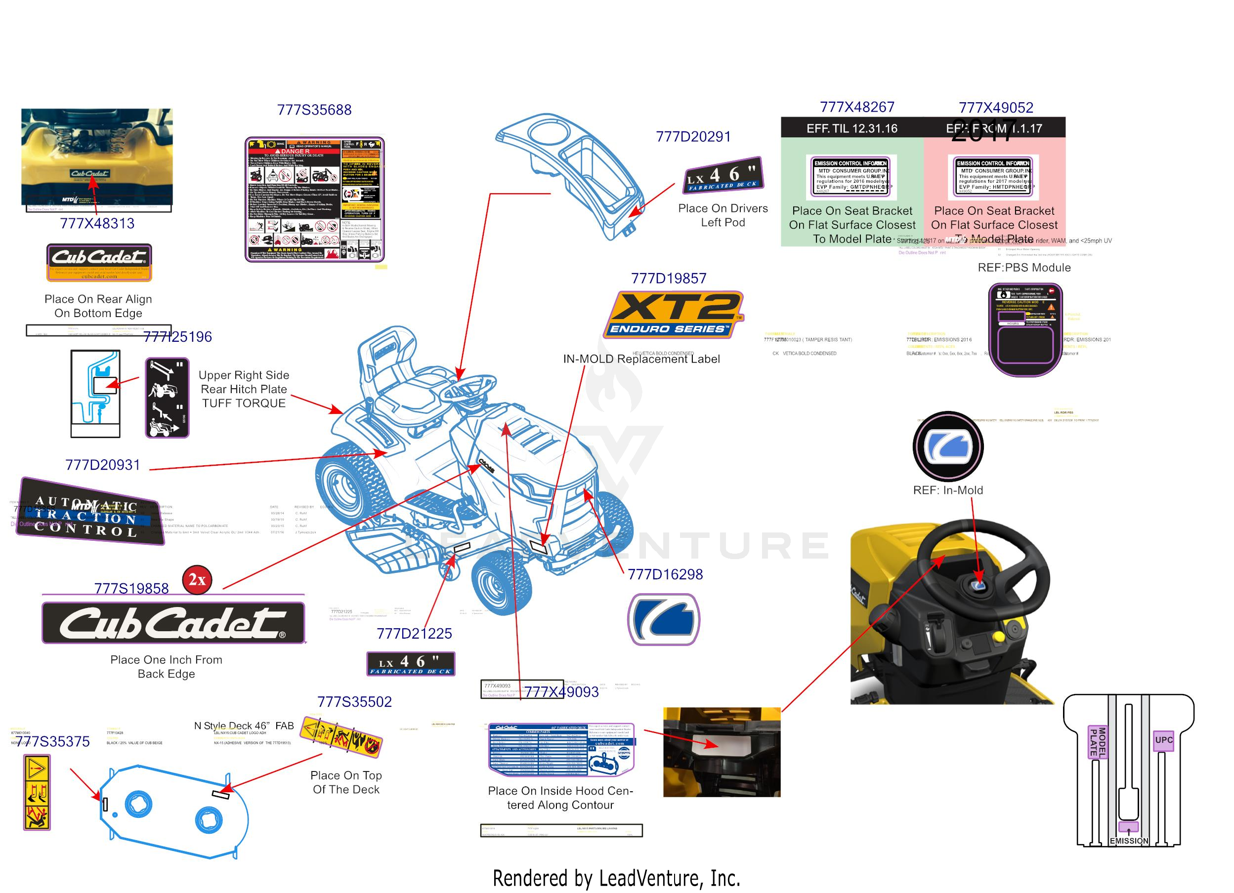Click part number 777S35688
coord(314,110)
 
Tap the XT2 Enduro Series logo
coord(674,314)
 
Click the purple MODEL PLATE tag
coord(1097,742)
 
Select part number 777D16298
coord(665,574)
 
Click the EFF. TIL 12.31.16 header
coord(851,128)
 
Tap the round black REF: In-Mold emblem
coord(947,446)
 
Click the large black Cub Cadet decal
coord(173,623)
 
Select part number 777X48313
coord(97,224)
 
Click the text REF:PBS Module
coord(1023,268)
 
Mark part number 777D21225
coord(414,634)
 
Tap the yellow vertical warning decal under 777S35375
coord(37,791)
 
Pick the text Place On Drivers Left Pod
coord(723,215)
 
